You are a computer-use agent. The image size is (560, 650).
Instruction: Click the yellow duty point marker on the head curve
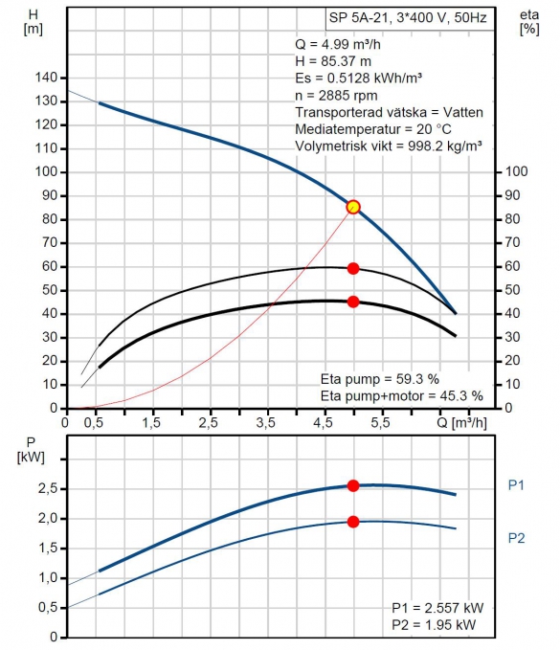353,207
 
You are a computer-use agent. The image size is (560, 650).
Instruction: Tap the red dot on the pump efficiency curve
353,269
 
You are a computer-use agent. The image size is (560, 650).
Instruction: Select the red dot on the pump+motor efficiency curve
353,302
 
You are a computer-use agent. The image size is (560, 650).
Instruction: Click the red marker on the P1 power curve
353,485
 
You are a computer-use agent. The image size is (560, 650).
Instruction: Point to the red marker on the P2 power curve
353,522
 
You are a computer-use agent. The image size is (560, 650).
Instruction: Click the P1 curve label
516,485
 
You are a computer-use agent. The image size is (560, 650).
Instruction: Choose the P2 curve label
517,538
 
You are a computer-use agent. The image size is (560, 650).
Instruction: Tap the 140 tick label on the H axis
46,78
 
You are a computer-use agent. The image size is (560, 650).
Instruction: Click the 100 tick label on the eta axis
517,171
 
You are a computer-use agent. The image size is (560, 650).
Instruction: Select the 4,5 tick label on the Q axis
323,423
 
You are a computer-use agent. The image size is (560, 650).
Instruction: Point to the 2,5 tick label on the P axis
47,489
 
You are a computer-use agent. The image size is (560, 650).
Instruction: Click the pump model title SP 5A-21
359,18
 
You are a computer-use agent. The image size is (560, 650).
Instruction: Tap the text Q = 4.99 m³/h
338,44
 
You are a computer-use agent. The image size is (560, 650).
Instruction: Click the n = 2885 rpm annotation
336,96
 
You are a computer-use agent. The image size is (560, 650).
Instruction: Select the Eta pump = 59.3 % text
380,379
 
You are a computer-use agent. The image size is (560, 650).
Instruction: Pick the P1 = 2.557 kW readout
437,608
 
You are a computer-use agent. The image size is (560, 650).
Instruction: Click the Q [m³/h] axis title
461,423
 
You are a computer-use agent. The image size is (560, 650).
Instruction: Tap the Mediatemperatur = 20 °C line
373,129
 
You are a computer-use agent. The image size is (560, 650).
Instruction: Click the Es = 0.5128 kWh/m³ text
359,78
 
